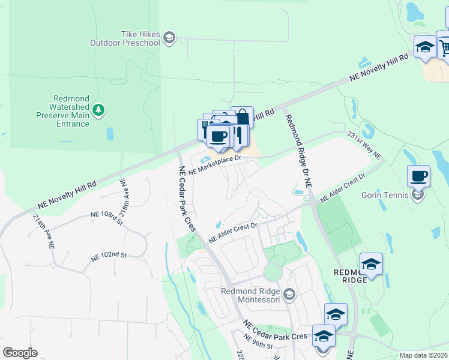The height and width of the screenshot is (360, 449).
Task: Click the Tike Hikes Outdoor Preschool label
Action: coord(125,39)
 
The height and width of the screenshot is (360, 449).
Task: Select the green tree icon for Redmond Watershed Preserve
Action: coord(98,110)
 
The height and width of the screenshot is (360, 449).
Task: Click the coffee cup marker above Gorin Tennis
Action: coord(418,176)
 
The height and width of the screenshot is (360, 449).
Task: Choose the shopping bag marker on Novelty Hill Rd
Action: coord(242,117)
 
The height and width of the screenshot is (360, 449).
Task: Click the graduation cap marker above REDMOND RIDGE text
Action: coord(371,264)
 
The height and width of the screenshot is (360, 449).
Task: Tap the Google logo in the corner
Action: coord(20,352)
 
